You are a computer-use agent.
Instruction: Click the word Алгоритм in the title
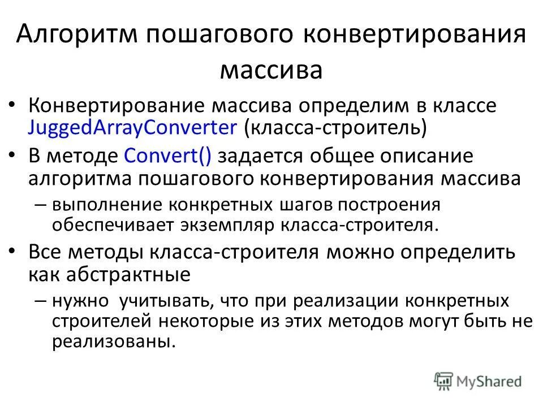[76, 36]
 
